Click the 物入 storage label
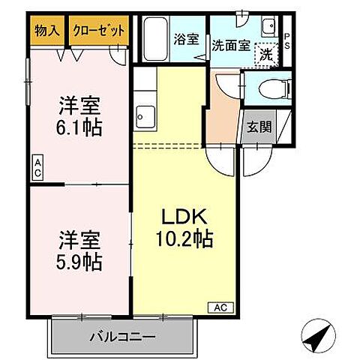pyautogui.click(x=47, y=31)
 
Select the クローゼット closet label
pyautogui.click(x=98, y=31)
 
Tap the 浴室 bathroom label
pyautogui.click(x=187, y=39)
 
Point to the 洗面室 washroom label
pyautogui.click(x=230, y=43)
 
